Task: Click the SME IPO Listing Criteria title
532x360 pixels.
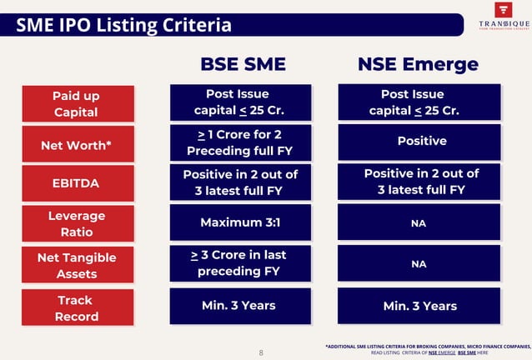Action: (124, 26)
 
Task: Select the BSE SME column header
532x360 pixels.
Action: (243, 65)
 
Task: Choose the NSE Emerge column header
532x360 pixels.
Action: (418, 65)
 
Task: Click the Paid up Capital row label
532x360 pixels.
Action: (76, 103)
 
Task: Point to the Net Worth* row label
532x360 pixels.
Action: (76, 146)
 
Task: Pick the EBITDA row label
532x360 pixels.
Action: (76, 182)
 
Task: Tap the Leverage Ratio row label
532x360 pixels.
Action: (76, 223)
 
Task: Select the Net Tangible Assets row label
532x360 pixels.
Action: (76, 265)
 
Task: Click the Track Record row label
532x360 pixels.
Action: (76, 307)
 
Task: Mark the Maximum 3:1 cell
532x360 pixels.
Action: (240, 222)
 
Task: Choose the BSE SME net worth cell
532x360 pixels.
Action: (240, 142)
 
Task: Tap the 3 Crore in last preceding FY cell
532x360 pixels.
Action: (240, 262)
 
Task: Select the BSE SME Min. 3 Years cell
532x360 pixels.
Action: (240, 305)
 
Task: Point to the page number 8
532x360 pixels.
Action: (260, 352)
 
